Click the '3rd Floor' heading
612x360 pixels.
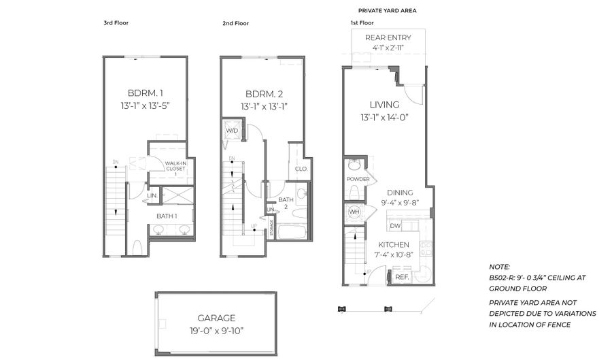coord(116,23)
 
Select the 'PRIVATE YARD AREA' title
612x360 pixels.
coord(387,11)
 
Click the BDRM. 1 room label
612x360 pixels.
coord(146,93)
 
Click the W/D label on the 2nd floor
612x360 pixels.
coord(231,130)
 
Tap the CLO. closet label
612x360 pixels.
coord(301,169)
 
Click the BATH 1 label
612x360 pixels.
coord(167,216)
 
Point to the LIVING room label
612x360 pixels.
coord(384,105)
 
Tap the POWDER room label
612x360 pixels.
coord(358,179)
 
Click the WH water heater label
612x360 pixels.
coord(354,212)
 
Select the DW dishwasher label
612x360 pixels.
coord(396,225)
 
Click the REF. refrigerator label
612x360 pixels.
coord(402,277)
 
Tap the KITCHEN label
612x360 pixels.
coord(394,245)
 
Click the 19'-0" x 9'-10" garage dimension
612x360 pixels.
coord(216,331)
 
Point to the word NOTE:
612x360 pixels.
coord(500,267)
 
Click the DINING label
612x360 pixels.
coord(401,193)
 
